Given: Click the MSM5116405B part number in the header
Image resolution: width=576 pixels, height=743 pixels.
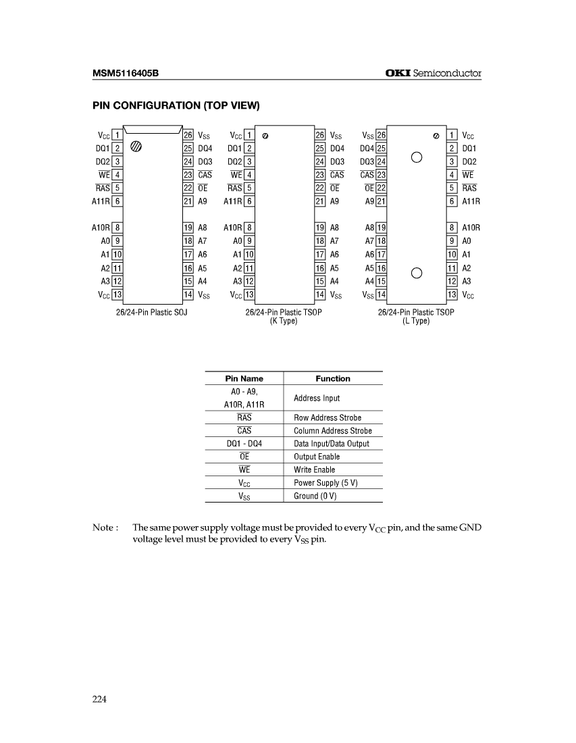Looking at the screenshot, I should pos(126,73).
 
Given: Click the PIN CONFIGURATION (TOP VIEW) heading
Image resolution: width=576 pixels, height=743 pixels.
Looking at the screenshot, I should pos(176,106).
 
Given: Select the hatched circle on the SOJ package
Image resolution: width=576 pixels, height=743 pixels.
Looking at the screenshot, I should pos(136,146).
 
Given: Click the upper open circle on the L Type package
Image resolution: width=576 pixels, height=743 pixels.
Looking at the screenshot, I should pos(417,158).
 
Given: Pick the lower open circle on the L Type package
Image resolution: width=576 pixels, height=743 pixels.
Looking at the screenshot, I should pos(417,273).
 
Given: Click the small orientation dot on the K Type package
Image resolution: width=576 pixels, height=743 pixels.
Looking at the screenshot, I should pos(265,136).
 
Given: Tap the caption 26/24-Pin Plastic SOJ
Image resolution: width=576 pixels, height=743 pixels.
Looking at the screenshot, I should pos(152,313).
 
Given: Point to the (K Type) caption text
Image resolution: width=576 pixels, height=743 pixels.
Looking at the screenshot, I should pos(284,322).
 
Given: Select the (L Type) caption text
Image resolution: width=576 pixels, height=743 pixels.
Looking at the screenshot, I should pos(416,322).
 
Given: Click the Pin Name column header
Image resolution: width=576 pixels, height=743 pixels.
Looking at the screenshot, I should pos(244,379).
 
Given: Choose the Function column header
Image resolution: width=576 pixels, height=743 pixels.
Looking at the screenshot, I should pos(333,379).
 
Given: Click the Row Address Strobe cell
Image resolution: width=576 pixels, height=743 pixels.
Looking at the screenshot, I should pos(328,418).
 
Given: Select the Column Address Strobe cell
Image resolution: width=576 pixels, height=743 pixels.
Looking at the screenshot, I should pos(333,431).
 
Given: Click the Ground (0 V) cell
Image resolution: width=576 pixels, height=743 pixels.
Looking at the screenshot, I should pos(315,496).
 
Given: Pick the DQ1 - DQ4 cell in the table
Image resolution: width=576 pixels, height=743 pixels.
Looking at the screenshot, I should pos(244,444).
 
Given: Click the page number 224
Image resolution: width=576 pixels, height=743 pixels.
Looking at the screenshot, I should pos(100,699).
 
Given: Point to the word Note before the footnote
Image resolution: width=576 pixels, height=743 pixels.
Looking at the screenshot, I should pos(104,528).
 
